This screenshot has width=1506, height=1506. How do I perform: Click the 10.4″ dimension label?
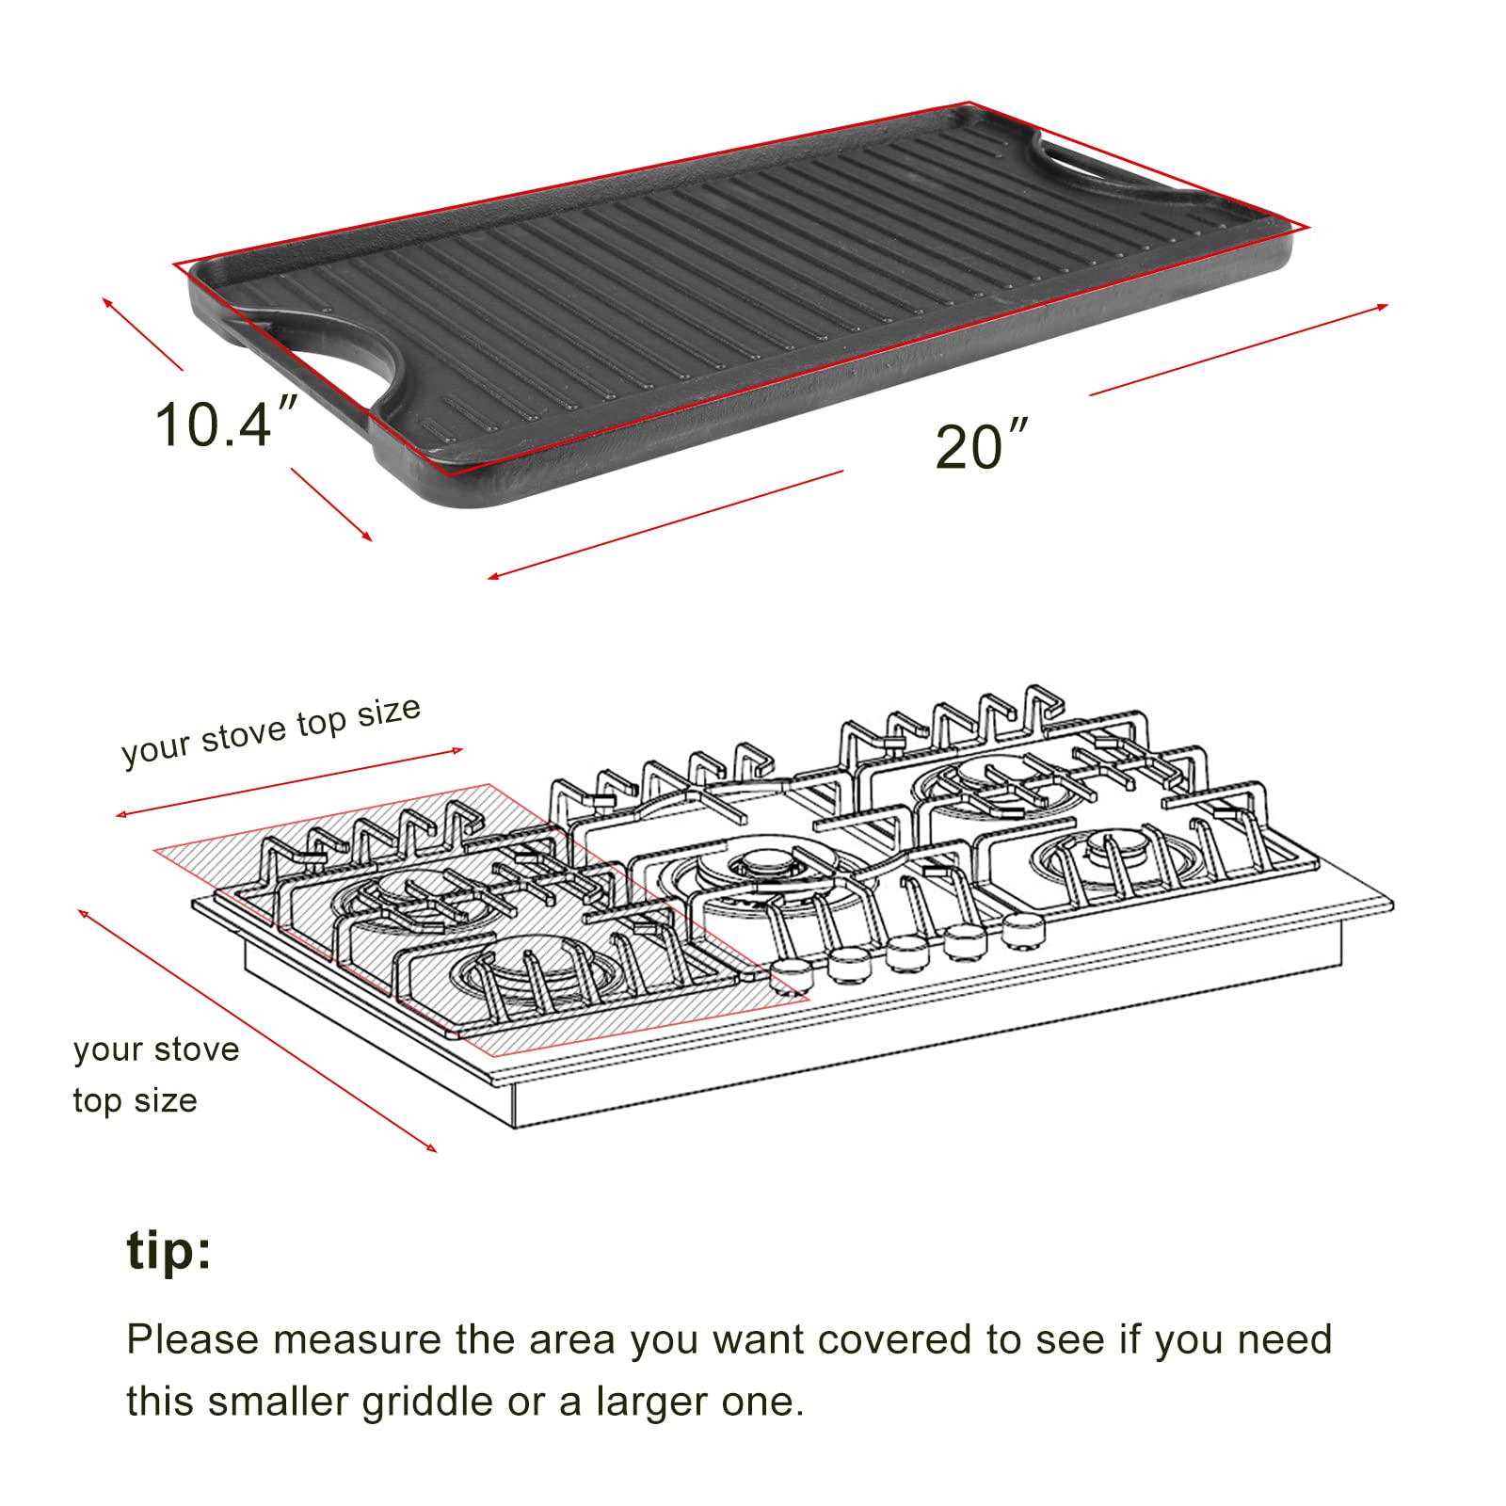[226, 425]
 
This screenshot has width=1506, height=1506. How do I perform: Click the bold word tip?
[169, 1251]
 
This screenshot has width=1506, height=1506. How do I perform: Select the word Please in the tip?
[190, 1339]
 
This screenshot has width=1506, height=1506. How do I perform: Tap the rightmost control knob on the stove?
[1023, 931]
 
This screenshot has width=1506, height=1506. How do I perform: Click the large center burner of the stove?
[758, 871]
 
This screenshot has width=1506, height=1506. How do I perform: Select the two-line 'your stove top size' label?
[155, 1075]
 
